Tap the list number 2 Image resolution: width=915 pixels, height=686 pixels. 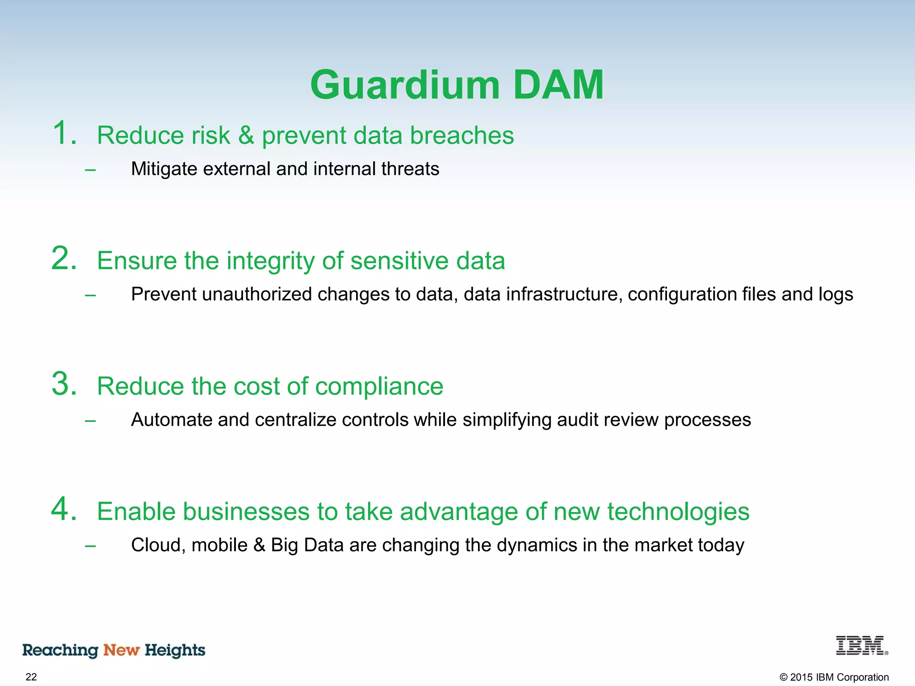63,259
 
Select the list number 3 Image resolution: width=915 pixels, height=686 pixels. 63,384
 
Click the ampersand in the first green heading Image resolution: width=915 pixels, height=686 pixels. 246,135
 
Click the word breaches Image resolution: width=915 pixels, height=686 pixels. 462,135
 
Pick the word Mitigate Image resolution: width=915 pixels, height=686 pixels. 164,169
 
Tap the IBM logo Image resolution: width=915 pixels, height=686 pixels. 861,646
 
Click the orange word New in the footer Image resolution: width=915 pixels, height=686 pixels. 122,650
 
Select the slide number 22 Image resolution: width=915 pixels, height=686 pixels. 31,677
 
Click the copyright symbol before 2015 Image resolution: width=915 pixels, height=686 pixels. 784,678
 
